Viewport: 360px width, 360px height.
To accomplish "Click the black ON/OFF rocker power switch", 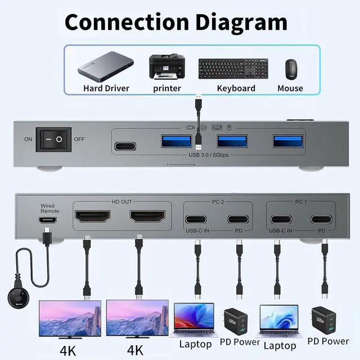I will click(x=54, y=139).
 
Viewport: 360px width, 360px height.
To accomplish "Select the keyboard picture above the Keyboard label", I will click(x=233, y=69).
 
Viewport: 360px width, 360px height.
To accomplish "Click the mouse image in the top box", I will click(x=290, y=69).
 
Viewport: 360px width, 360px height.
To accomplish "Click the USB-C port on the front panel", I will click(x=125, y=147).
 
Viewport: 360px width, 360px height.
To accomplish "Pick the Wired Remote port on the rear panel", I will click(x=48, y=220).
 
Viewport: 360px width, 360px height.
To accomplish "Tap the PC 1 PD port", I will click(x=321, y=219).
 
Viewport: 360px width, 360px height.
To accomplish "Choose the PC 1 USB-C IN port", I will click(x=280, y=219).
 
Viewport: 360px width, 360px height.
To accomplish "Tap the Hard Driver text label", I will click(x=106, y=88).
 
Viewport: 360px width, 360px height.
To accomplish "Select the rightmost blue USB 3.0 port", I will click(x=289, y=141).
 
